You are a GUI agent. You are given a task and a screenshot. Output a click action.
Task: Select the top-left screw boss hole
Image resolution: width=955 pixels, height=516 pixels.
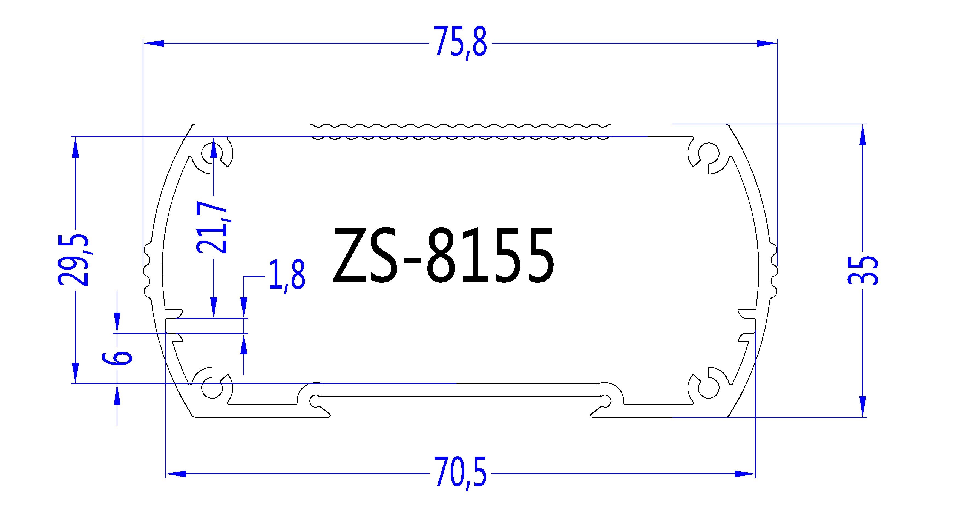click(x=211, y=153)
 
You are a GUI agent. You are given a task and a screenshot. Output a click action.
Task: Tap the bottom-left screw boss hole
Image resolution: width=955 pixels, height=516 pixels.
click(x=212, y=389)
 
